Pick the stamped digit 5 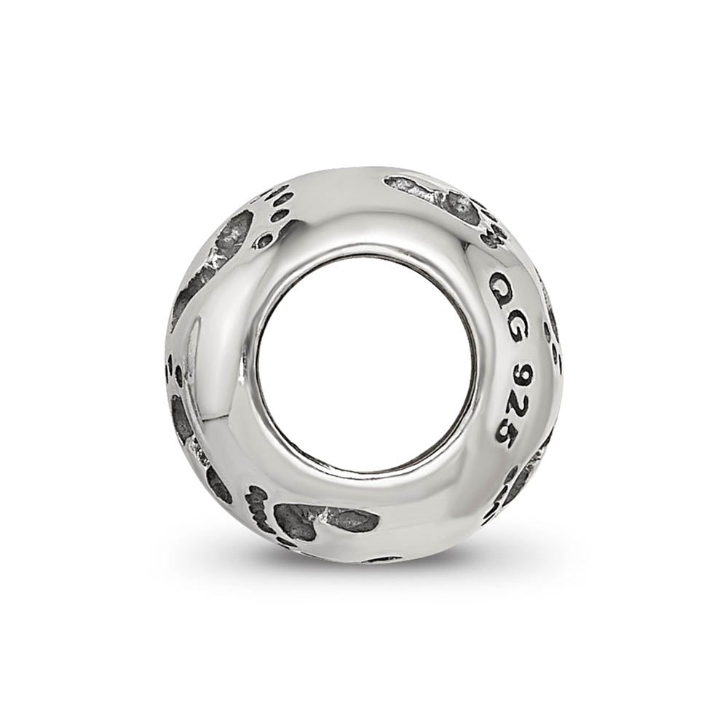coord(502,436)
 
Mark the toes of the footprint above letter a coord(493,231)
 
